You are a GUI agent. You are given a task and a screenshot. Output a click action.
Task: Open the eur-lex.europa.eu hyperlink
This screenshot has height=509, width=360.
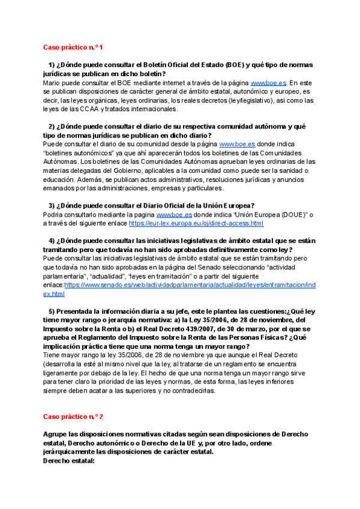point(196,223)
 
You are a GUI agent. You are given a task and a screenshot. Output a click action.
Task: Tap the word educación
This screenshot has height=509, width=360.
point(62,179)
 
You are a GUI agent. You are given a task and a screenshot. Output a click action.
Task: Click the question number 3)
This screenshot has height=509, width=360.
point(52,205)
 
